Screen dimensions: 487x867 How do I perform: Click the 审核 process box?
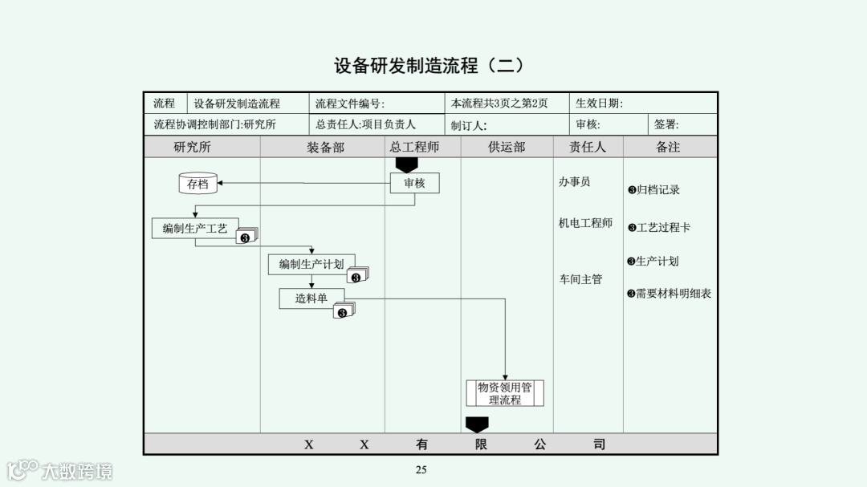click(x=414, y=184)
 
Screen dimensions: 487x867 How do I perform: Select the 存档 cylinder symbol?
click(x=197, y=184)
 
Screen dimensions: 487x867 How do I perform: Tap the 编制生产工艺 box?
click(x=194, y=228)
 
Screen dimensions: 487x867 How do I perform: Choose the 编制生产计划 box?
click(x=311, y=264)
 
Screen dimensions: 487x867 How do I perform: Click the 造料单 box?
click(x=311, y=298)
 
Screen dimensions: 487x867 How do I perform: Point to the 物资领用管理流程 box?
click(x=505, y=393)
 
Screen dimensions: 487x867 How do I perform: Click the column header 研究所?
click(x=193, y=147)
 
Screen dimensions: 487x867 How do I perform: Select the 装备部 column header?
click(x=325, y=147)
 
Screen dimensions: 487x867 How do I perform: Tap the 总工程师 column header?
click(x=414, y=147)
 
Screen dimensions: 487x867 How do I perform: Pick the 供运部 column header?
click(x=507, y=147)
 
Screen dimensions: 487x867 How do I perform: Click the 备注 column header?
click(x=668, y=147)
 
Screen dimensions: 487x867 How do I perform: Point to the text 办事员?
click(x=574, y=182)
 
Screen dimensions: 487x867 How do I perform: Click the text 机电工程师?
click(x=585, y=223)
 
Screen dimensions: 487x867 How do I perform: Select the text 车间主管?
click(x=580, y=279)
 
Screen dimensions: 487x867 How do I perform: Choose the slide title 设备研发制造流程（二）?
click(x=429, y=65)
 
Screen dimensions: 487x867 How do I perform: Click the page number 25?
click(x=421, y=469)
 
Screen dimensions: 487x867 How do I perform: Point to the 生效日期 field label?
click(x=599, y=103)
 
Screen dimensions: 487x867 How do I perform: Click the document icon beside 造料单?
click(x=344, y=311)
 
